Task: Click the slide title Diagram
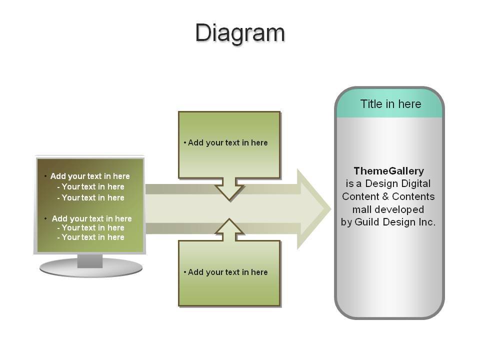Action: point(240,33)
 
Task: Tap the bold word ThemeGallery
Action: point(389,171)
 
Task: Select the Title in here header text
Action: point(390,104)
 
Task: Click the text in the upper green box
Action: point(228,142)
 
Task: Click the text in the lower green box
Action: point(228,272)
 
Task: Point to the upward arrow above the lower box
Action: point(229,229)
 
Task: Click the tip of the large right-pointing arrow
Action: point(331,209)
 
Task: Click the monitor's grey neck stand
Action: point(89,261)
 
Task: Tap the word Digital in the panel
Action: point(415,183)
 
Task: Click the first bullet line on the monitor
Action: point(90,176)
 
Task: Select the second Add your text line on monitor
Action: point(91,218)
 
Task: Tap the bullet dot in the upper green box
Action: point(185,142)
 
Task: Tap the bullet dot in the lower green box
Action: point(185,272)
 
